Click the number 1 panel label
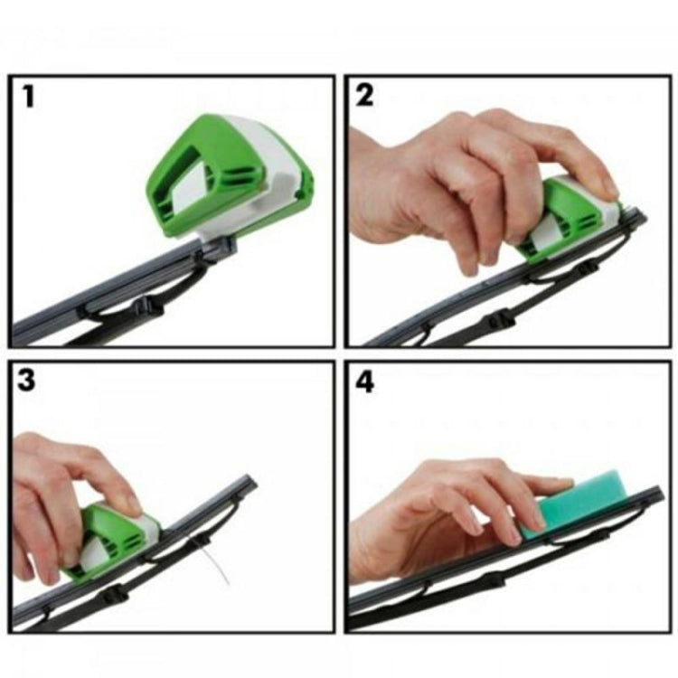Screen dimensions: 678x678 (x=29, y=95)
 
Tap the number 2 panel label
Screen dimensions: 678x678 (x=364, y=95)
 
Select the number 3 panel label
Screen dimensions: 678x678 (x=27, y=380)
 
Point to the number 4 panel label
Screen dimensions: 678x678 (x=364, y=381)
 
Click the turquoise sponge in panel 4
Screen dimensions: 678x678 (x=579, y=502)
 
